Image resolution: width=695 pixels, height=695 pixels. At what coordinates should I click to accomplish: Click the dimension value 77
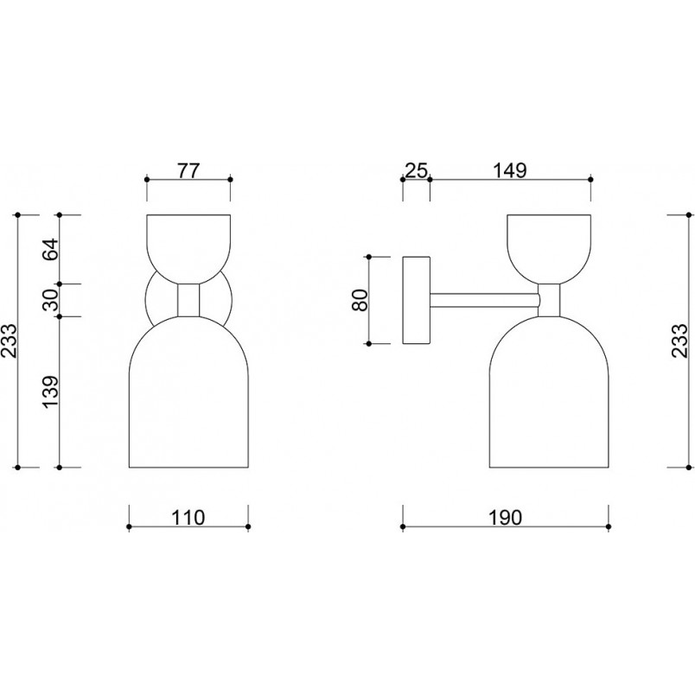point(188,170)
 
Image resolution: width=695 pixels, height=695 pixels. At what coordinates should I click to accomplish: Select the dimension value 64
point(50,250)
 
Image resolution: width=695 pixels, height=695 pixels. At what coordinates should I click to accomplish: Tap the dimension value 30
point(50,300)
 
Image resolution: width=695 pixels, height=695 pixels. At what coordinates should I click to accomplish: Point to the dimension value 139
point(50,392)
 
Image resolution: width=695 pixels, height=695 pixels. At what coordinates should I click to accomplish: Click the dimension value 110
point(188,517)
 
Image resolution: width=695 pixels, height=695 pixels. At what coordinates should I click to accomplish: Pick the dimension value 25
point(416,170)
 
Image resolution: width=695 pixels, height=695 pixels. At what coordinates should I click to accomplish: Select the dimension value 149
point(510,170)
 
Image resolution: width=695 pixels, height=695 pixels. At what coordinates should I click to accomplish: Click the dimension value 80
point(360,300)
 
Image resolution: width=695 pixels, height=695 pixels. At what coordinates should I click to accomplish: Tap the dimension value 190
point(506,517)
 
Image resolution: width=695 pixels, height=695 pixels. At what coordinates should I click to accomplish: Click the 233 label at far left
point(9,341)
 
